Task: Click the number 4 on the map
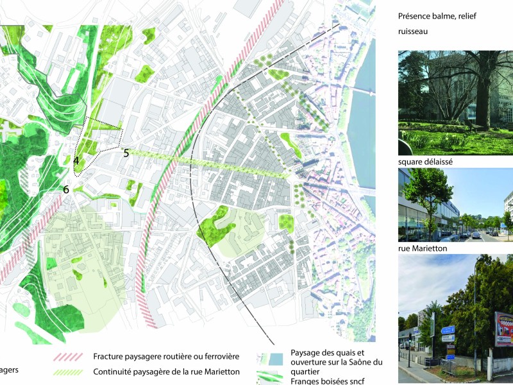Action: tap(76, 160)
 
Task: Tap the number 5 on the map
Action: tap(126, 153)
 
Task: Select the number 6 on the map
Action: tap(65, 189)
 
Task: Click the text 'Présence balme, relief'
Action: tap(438, 16)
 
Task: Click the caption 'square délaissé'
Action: tap(426, 162)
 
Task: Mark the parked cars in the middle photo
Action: tap(478, 235)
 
